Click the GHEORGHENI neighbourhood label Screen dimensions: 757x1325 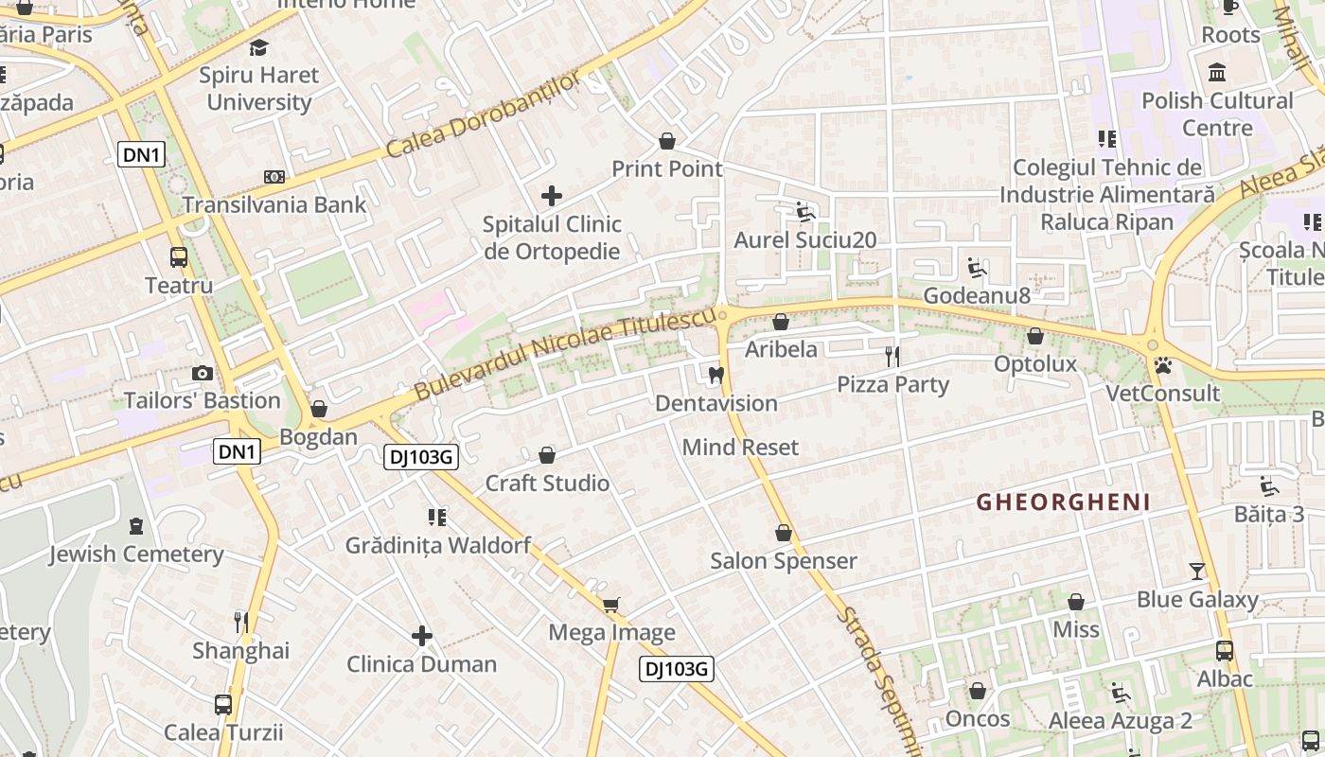(1063, 502)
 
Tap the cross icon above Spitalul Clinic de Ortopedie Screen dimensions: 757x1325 (552, 196)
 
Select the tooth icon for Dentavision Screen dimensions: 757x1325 (715, 375)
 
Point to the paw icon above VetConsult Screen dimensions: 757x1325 (1163, 364)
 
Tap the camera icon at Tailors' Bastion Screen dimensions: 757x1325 (202, 373)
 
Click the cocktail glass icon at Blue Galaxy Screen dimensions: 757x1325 (1197, 571)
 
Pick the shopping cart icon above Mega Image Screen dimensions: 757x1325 (611, 604)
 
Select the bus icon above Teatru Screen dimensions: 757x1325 (178, 256)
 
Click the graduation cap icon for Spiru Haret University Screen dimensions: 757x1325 (258, 46)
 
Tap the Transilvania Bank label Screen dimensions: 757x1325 (274, 204)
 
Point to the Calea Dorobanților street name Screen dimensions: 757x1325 (483, 115)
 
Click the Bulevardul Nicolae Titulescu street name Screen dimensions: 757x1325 (564, 351)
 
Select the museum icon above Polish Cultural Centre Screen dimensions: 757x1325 (1217, 72)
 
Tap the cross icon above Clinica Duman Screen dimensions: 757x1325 (422, 636)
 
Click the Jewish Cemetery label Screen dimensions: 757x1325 (136, 554)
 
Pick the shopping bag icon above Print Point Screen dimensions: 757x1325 (667, 141)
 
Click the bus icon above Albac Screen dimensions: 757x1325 (1225, 650)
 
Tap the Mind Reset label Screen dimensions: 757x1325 (740, 447)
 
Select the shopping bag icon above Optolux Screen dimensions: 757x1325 (1035, 336)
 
